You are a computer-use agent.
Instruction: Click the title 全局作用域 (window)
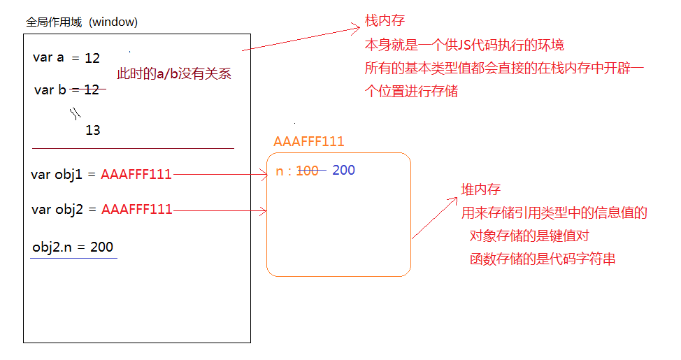82,22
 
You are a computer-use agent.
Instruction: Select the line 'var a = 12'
66,58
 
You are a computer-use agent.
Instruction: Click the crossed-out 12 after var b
92,89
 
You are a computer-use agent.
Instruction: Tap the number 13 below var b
92,130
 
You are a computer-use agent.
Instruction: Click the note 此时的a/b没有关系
173,73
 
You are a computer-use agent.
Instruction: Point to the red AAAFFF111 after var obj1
136,175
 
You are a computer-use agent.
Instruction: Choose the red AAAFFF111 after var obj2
136,209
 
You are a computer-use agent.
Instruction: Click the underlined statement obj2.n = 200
73,247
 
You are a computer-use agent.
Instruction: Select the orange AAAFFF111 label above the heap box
309,141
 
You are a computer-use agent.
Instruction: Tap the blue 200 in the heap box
343,171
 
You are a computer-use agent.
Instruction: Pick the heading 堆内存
480,190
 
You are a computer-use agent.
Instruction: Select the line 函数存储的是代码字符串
543,259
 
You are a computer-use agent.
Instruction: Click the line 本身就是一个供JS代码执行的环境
464,45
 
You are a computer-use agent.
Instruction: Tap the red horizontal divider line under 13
133,148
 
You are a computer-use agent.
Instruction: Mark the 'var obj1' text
57,175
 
